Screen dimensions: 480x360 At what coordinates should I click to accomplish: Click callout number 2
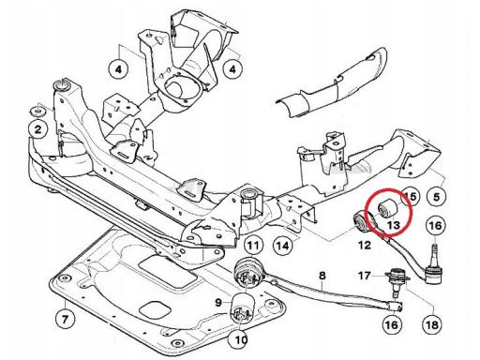(37, 129)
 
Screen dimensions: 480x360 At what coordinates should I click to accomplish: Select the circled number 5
(436, 197)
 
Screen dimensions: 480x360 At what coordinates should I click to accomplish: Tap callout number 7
(65, 319)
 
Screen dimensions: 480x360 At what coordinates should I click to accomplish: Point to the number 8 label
(322, 276)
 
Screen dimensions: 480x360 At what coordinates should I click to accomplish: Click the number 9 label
(218, 302)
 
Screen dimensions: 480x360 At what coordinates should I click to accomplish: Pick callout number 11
(253, 246)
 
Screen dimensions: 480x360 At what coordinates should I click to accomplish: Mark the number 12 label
(364, 245)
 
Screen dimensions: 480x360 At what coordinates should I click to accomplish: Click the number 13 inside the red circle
(393, 225)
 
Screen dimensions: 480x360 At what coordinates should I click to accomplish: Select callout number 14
(283, 246)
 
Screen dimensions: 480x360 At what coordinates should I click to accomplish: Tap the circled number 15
(410, 197)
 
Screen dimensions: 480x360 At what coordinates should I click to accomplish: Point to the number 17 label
(365, 276)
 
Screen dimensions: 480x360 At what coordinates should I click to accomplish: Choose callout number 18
(432, 324)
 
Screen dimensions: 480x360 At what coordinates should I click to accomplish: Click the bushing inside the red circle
(387, 208)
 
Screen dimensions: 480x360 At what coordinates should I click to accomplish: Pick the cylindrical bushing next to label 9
(243, 308)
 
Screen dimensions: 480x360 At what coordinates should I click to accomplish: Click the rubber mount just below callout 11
(247, 274)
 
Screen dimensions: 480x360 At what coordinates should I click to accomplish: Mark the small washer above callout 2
(37, 111)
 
